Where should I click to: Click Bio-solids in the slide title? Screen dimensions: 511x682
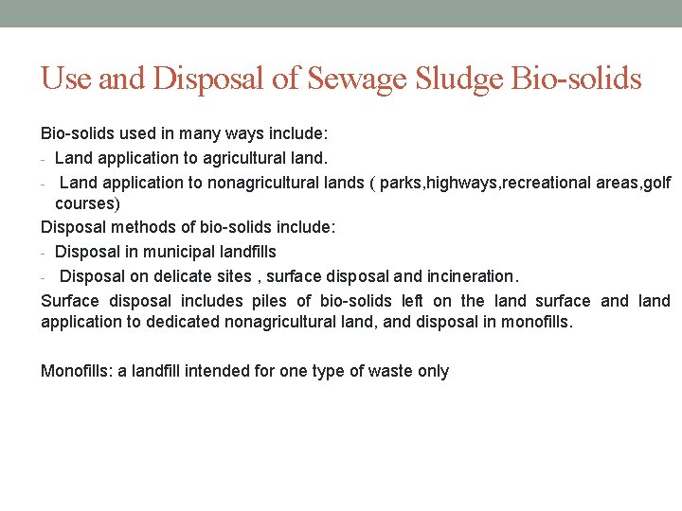click(576, 79)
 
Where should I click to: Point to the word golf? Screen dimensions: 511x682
click(656, 183)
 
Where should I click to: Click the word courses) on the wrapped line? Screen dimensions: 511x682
click(87, 203)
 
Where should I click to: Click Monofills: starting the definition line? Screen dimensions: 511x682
click(77, 371)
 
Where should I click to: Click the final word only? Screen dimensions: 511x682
click(433, 371)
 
